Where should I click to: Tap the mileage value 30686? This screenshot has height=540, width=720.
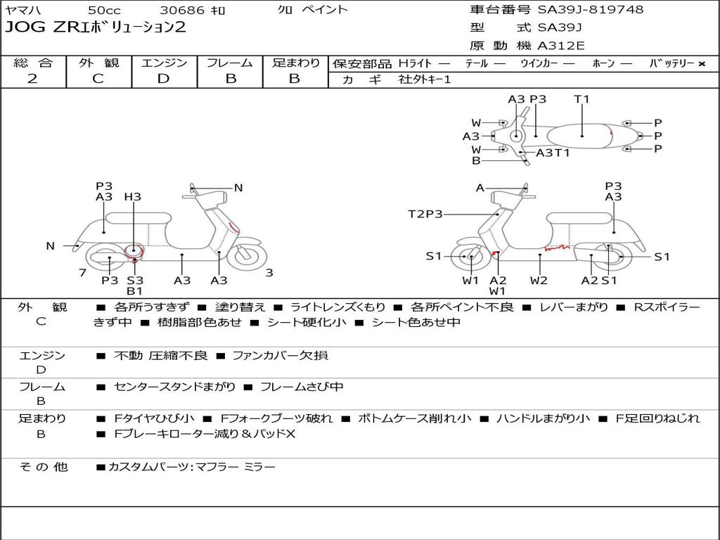182,10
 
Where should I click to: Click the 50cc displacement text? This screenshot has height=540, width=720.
103,10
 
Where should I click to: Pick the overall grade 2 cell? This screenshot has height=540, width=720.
32,79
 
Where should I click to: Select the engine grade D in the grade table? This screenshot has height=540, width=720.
164,79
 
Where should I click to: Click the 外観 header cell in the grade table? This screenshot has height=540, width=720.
98,63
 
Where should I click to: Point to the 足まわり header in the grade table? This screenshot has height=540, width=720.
295,63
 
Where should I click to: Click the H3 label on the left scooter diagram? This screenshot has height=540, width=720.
132,197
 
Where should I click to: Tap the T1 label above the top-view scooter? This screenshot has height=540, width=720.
581,99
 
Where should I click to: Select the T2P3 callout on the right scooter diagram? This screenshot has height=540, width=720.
425,214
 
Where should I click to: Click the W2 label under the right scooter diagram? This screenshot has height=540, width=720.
539,281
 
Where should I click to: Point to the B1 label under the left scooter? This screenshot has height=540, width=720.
135,290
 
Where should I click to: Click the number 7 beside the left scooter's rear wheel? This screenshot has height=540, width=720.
82,272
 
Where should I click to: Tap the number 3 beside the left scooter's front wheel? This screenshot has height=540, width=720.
269,273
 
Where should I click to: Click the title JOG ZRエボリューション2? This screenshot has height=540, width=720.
96,28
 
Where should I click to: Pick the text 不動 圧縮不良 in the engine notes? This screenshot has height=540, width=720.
160,356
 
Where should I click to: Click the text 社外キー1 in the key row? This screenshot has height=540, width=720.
425,79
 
